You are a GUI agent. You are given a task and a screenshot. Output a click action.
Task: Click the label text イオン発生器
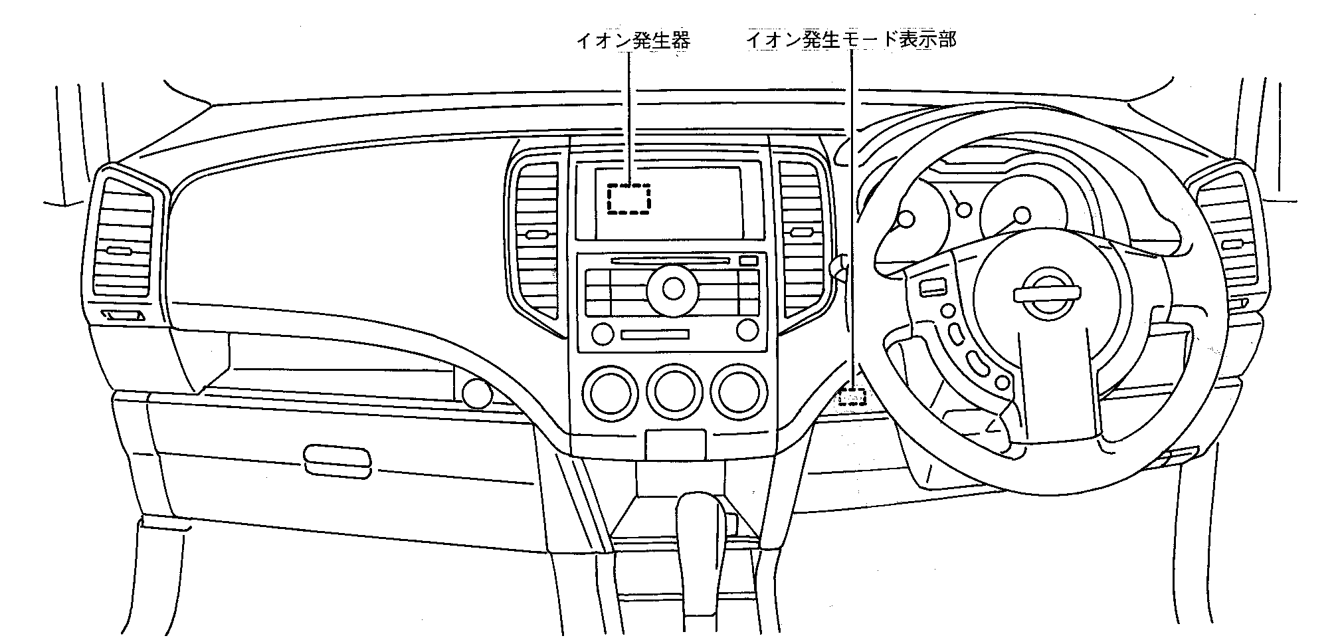(x=633, y=41)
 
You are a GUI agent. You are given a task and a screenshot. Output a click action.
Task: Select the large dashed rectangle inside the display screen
(x=628, y=199)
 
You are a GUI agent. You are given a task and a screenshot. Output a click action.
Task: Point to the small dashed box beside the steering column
(x=852, y=397)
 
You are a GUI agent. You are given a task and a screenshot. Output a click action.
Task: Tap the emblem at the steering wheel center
(x=1047, y=293)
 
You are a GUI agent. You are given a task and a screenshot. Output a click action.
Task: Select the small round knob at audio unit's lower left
(x=602, y=334)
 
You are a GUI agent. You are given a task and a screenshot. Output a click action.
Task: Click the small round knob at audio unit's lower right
(x=747, y=329)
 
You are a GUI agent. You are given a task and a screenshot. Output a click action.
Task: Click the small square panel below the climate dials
(x=675, y=443)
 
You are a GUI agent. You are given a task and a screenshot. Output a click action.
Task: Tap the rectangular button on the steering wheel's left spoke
(x=933, y=288)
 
